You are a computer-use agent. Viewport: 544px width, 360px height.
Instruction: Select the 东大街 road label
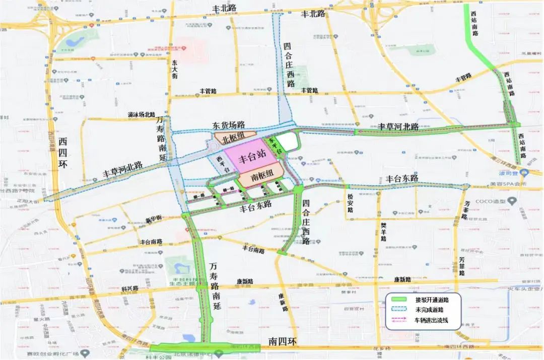(x=174, y=69)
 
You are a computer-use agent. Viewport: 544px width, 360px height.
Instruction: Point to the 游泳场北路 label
(x=142, y=115)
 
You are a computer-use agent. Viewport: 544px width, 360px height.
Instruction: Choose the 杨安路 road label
(x=350, y=202)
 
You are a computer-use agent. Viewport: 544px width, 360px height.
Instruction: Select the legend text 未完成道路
(x=428, y=309)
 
